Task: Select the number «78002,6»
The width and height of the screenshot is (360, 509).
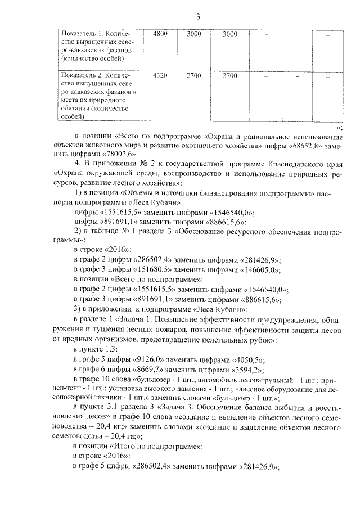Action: [119, 153]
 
